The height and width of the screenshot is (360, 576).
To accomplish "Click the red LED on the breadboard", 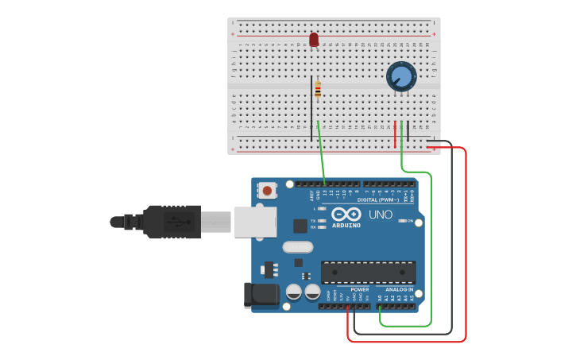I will (x=314, y=39).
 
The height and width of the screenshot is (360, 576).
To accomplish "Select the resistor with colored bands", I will (x=318, y=89).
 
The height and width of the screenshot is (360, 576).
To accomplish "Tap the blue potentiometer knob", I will (x=401, y=77).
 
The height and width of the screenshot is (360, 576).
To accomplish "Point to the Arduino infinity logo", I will (x=346, y=215).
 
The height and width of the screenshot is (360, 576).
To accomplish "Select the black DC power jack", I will (x=259, y=294).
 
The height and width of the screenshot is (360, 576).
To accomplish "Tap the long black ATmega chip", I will (x=368, y=272).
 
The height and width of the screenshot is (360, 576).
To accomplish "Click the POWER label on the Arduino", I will (x=359, y=289).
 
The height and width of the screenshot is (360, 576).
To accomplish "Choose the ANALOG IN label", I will (x=399, y=289).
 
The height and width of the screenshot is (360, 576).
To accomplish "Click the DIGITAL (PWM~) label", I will (x=378, y=199).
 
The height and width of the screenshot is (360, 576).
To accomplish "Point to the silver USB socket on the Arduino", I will (x=255, y=221).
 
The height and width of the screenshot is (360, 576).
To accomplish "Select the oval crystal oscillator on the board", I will (x=298, y=247).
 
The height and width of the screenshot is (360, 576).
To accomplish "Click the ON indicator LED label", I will (x=411, y=221).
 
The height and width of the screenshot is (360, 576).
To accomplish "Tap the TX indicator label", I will (x=313, y=220).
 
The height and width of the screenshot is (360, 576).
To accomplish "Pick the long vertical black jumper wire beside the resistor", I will (x=311, y=107).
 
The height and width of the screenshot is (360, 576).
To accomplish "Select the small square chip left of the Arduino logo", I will (x=300, y=226).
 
